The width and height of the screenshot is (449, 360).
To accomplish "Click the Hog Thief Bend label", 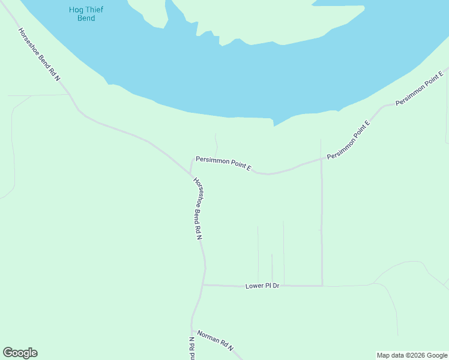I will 82,14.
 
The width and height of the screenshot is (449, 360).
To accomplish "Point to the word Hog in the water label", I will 74,10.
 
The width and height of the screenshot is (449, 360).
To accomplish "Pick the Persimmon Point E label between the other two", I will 349,140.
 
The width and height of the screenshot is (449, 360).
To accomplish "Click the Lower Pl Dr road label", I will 263,286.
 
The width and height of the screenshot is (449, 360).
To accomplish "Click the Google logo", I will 20,353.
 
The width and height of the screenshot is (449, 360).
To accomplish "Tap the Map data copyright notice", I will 412,355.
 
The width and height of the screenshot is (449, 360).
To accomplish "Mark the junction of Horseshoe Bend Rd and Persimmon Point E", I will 191,173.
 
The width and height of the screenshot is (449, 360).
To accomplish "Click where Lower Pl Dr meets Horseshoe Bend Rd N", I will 203,285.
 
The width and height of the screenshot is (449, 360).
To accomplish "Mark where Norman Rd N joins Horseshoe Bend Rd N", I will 192,329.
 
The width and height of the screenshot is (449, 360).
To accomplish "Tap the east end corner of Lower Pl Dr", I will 322,286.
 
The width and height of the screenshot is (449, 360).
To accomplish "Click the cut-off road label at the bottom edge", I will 193,349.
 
